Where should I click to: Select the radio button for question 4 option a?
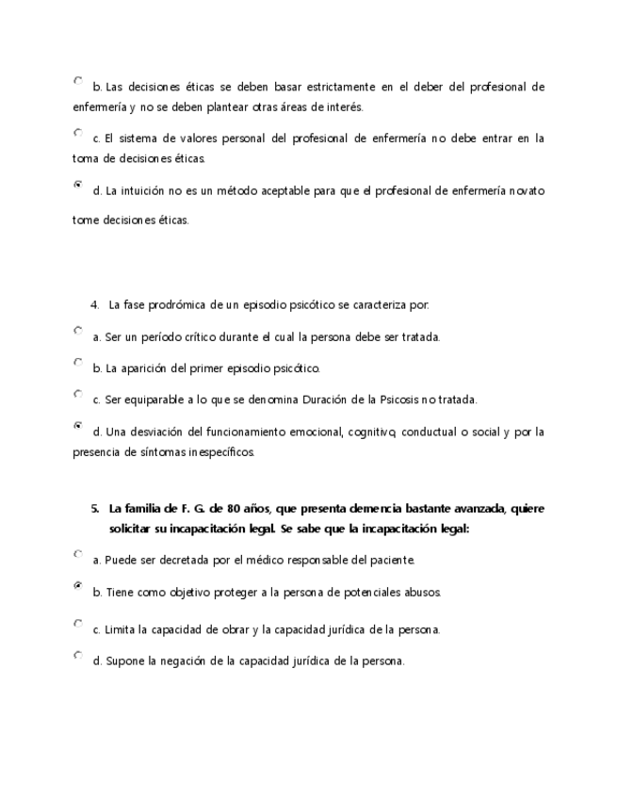77,331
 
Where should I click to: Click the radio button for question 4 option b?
77,362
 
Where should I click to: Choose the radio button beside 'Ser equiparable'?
77,394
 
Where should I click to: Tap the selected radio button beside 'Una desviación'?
77,426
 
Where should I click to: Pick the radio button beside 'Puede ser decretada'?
77,554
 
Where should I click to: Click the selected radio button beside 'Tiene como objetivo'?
77,586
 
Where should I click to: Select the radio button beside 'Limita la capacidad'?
77,623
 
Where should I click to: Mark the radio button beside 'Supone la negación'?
77,655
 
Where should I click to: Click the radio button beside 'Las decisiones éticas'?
77,81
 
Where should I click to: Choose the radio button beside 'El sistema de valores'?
77,132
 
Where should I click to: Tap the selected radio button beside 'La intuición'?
77,185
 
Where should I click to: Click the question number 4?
94,304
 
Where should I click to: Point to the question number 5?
94,509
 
